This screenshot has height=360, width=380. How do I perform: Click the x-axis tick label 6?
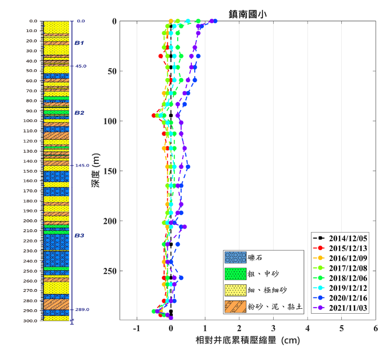[x=376, y=328]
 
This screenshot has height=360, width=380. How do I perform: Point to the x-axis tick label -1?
[x=137, y=328]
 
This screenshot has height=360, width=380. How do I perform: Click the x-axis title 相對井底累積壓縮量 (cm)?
[x=247, y=341]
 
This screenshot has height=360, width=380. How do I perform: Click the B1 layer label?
[x=79, y=42]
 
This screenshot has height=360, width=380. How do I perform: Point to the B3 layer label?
[x=79, y=235]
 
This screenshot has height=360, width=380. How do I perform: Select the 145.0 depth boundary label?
[x=82, y=166]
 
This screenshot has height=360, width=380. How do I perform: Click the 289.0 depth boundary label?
[x=82, y=309]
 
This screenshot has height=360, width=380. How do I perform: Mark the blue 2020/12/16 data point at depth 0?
[x=215, y=21]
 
